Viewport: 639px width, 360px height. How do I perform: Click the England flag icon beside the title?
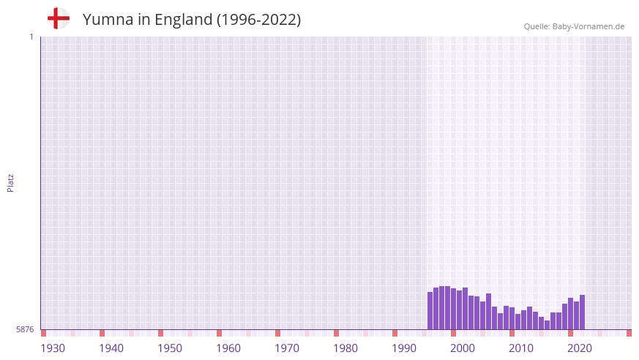click(x=58, y=18)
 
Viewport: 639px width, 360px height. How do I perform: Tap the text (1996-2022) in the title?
click(x=258, y=20)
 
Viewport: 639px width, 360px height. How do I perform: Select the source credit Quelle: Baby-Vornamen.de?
click(x=574, y=26)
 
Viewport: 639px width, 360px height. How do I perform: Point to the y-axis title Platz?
click(x=10, y=182)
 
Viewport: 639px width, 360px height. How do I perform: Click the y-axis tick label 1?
click(x=31, y=37)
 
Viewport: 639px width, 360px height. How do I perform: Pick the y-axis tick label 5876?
click(x=25, y=330)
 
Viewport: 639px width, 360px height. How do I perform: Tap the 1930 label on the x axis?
click(x=53, y=348)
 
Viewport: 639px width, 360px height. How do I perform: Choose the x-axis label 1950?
click(x=170, y=348)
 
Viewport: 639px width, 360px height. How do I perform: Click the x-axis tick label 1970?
click(x=287, y=348)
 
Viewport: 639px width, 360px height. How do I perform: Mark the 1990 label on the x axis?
click(x=404, y=348)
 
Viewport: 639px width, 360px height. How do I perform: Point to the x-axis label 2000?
click(x=463, y=348)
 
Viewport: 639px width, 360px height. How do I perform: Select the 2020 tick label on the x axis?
click(x=580, y=348)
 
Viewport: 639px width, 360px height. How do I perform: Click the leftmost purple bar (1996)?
click(x=430, y=311)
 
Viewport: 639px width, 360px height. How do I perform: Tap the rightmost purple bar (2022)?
click(x=582, y=312)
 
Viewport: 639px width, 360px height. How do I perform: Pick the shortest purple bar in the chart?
click(x=547, y=325)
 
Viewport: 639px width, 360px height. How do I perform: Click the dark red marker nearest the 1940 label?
click(x=102, y=333)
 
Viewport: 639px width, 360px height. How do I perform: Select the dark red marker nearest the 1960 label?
click(x=219, y=333)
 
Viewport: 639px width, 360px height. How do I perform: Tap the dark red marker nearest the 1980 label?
click(x=336, y=333)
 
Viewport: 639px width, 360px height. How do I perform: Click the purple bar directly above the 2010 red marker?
click(x=512, y=319)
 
